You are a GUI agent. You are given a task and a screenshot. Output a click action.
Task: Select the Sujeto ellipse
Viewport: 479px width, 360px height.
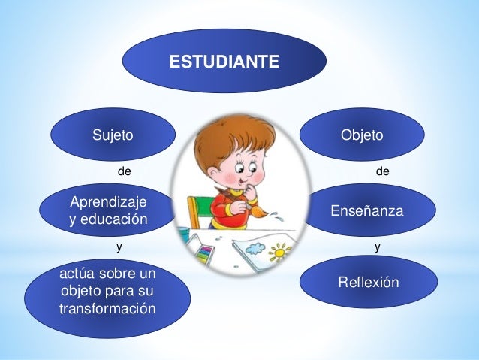(113, 136)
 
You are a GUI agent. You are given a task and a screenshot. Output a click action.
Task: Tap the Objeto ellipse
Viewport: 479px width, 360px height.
(362, 135)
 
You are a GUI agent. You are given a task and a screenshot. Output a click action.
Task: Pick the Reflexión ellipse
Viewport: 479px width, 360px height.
(369, 282)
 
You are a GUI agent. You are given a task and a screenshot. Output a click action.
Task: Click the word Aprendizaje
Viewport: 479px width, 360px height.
(109, 202)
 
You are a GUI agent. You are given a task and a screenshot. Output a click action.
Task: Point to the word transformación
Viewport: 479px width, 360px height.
(108, 309)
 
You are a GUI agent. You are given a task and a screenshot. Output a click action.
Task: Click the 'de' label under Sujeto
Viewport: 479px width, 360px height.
(125, 171)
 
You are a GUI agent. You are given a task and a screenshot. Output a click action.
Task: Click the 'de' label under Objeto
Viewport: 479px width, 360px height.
(382, 171)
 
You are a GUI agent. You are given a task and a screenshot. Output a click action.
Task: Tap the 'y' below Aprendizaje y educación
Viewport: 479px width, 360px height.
(118, 246)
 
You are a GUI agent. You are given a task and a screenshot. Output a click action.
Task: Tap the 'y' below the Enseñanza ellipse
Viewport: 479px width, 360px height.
(377, 246)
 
